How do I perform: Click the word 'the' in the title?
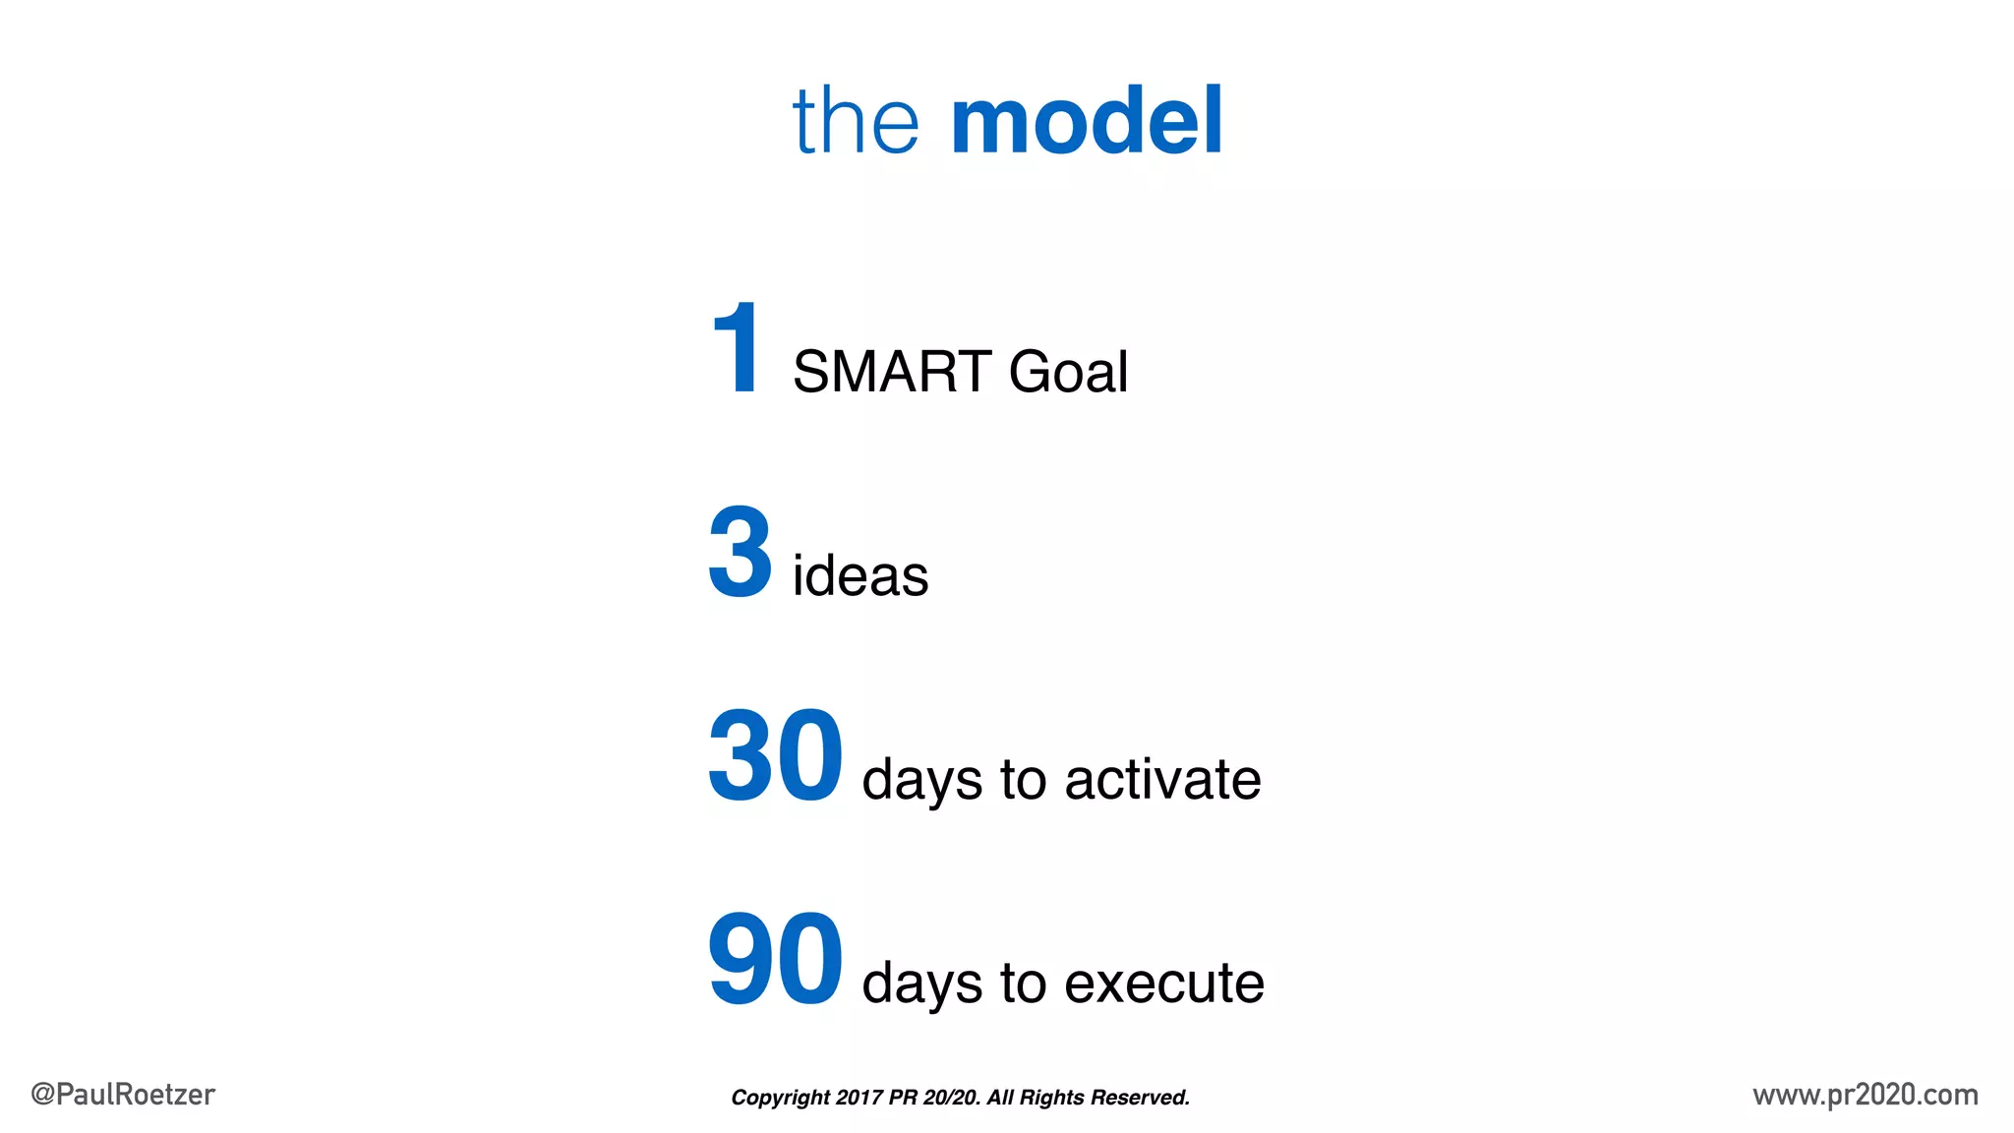pyautogui.click(x=856, y=121)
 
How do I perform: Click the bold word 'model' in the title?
pyautogui.click(x=1087, y=121)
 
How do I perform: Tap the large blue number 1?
pyautogui.click(x=737, y=348)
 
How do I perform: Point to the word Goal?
pyautogui.click(x=1068, y=372)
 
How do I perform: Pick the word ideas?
pyautogui.click(x=860, y=575)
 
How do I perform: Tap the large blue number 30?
pyautogui.click(x=775, y=755)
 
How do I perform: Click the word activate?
pyautogui.click(x=1162, y=780)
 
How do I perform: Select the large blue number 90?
pyautogui.click(x=775, y=959)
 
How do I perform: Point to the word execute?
pyautogui.click(x=1164, y=984)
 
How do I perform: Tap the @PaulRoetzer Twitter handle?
pyautogui.click(x=123, y=1095)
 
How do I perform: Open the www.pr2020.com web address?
pyautogui.click(x=1865, y=1095)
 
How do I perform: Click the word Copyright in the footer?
pyautogui.click(x=781, y=1098)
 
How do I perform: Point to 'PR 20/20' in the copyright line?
pyautogui.click(x=934, y=1098)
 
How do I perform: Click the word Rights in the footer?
pyautogui.click(x=1051, y=1098)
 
